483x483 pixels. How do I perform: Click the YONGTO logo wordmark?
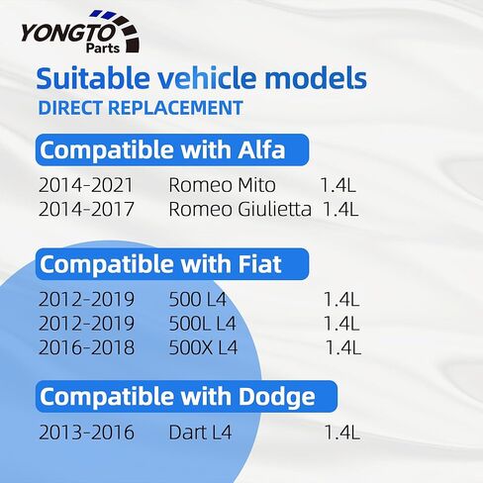(x=67, y=33)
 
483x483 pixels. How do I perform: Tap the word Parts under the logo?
(x=103, y=48)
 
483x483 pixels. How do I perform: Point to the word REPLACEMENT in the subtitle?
(x=175, y=108)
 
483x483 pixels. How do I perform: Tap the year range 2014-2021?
(x=86, y=185)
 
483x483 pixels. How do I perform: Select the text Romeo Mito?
(x=222, y=185)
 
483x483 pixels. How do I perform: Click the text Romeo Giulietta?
(x=240, y=209)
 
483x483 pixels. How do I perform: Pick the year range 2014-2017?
(x=86, y=209)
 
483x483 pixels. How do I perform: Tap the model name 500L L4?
(x=203, y=324)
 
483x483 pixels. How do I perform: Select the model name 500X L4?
(x=203, y=347)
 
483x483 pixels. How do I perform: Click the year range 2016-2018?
(x=86, y=347)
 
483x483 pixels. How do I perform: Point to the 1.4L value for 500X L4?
(x=343, y=347)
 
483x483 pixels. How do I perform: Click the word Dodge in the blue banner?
(x=276, y=397)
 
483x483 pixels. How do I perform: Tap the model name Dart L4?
(x=200, y=433)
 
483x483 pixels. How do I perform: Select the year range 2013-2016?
(x=86, y=433)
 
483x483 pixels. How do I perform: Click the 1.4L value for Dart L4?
(x=342, y=433)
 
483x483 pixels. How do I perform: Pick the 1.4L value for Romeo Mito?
(x=338, y=185)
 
